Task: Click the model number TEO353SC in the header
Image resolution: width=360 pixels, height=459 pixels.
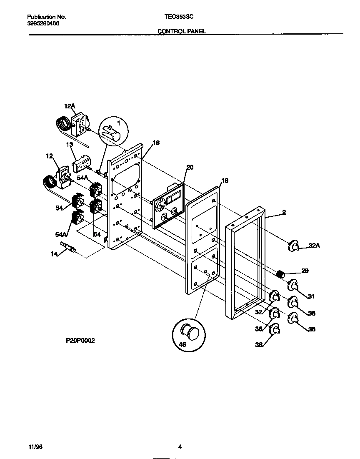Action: point(179,17)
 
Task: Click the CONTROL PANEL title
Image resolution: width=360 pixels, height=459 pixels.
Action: point(181,31)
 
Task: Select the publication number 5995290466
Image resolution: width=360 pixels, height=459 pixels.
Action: point(43,24)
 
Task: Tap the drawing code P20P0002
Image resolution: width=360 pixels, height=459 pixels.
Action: point(80,341)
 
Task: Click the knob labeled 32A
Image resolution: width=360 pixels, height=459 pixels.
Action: point(293,246)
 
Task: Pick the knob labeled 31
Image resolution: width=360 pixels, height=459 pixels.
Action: point(293,286)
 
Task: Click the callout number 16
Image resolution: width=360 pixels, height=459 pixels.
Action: point(156,143)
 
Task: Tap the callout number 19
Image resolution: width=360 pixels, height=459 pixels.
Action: point(225,181)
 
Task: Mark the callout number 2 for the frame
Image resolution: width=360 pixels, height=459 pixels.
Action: point(284,212)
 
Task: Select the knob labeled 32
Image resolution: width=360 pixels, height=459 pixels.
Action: point(275,297)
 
